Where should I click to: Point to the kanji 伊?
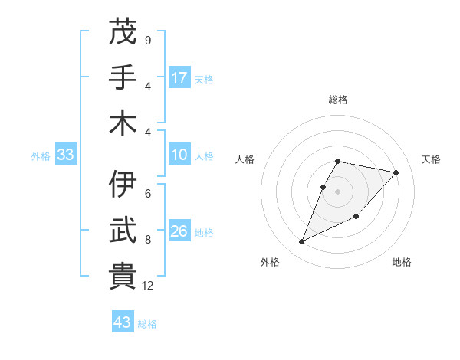pyautogui.click(x=123, y=185)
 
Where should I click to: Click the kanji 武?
pyautogui.click(x=123, y=231)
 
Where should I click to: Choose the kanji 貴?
pyautogui.click(x=123, y=277)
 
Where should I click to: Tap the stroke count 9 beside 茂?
pyautogui.click(x=148, y=40)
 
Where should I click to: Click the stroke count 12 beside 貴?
pyautogui.click(x=149, y=286)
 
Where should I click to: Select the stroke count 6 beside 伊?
pyautogui.click(x=148, y=194)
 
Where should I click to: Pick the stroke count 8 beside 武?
pyautogui.click(x=148, y=240)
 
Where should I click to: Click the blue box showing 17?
pyautogui.click(x=179, y=77)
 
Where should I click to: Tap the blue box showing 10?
pyautogui.click(x=179, y=155)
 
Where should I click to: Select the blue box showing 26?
pyautogui.click(x=179, y=231)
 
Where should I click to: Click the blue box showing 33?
pyautogui.click(x=65, y=155)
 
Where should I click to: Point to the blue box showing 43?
pyautogui.click(x=123, y=322)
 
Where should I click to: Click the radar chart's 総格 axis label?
pyautogui.click(x=338, y=100)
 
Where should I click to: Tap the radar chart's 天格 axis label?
pyautogui.click(x=431, y=159)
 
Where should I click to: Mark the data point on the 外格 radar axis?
pyautogui.click(x=302, y=242)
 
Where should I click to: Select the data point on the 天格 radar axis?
pyautogui.click(x=396, y=173)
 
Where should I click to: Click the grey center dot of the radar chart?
pyautogui.click(x=338, y=191)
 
